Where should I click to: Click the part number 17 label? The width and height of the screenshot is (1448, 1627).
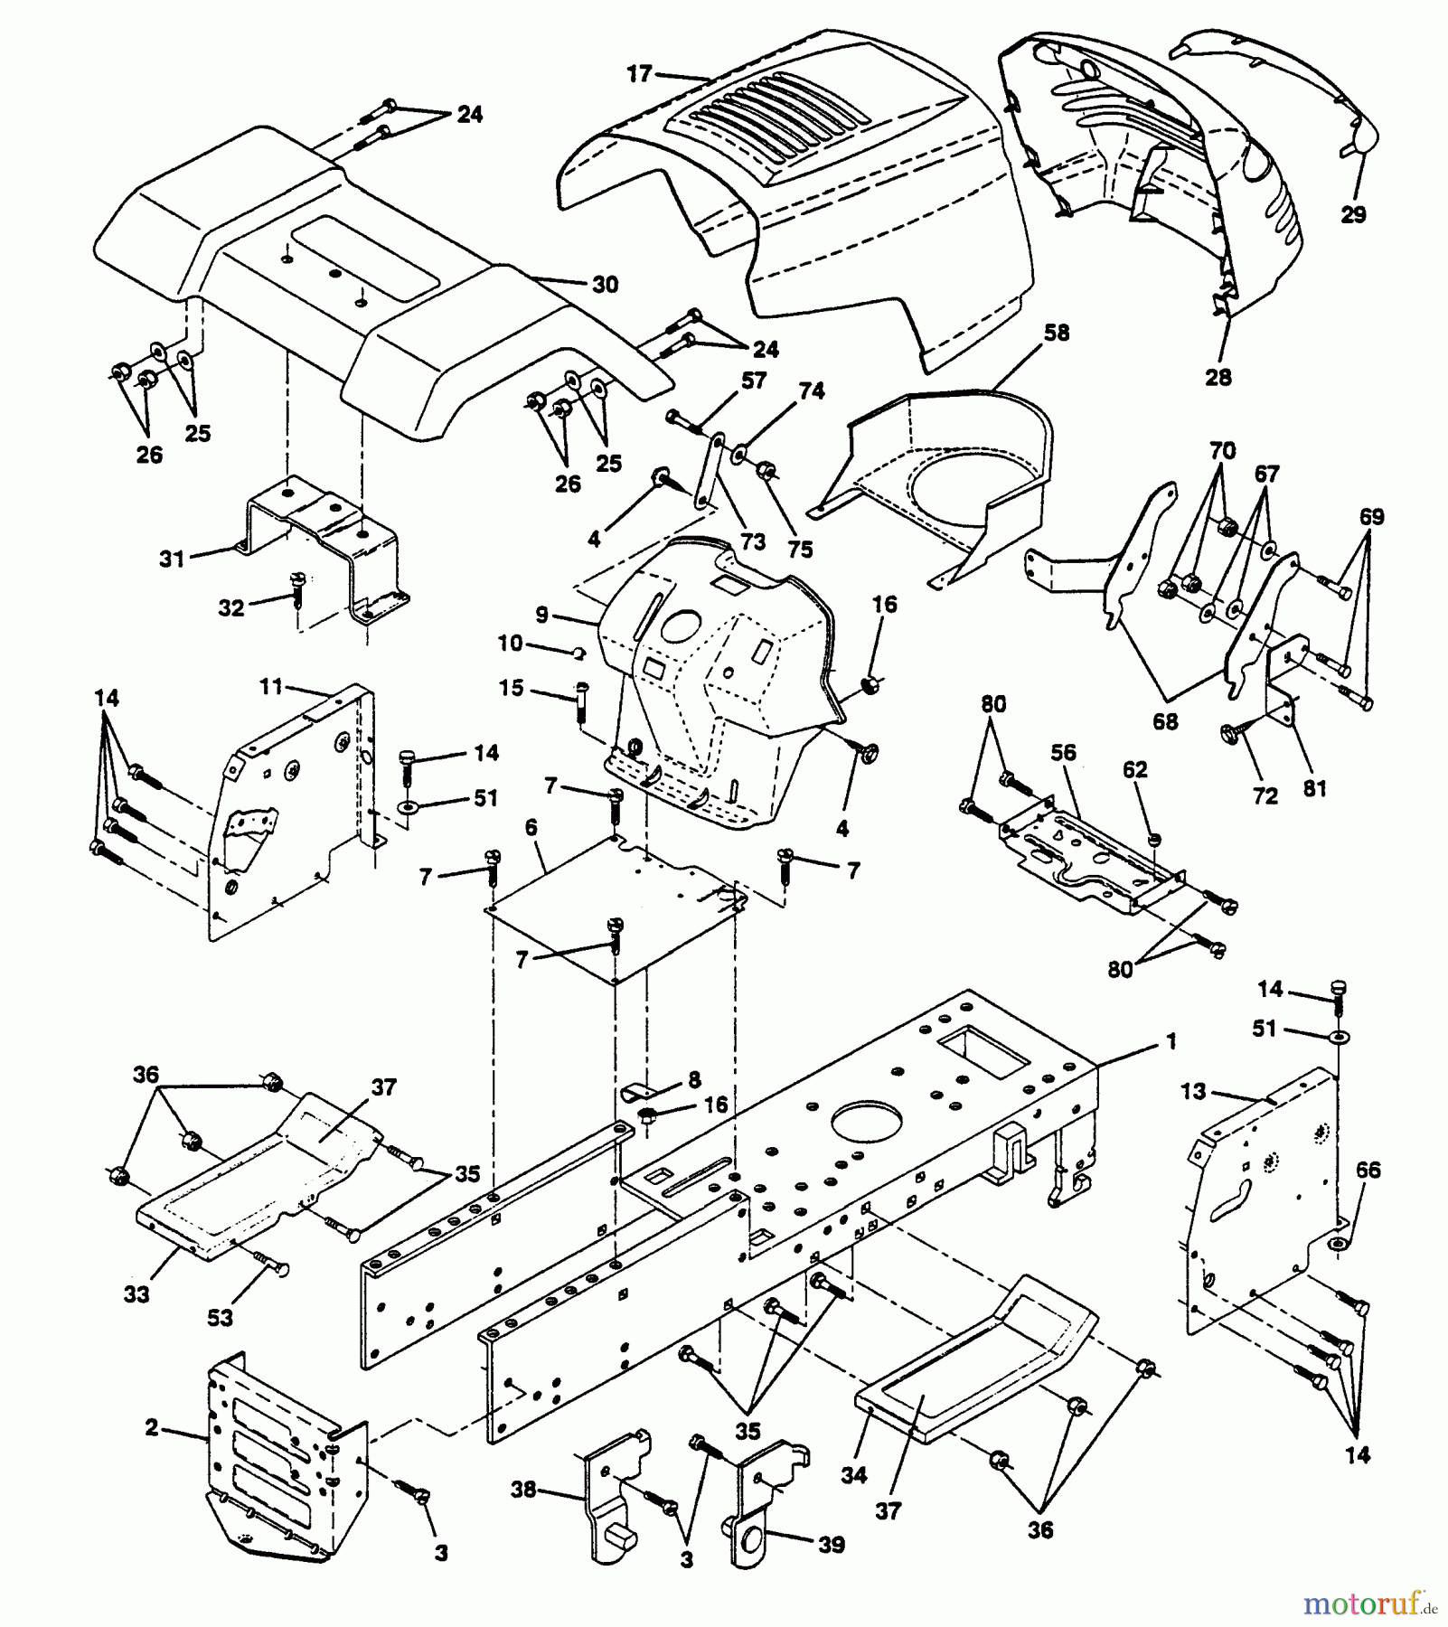[x=639, y=73]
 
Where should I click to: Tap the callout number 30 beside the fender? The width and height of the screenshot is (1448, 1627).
[x=605, y=284]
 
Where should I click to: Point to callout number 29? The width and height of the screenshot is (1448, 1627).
[x=1353, y=214]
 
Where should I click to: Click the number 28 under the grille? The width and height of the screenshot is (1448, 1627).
[x=1218, y=376]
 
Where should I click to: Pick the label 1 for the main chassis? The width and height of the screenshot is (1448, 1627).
[x=1171, y=1042]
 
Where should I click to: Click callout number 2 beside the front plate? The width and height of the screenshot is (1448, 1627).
[x=151, y=1427]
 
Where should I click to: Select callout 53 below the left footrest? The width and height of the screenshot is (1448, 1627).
[x=220, y=1317]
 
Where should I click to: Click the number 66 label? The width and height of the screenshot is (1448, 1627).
[x=1368, y=1170]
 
